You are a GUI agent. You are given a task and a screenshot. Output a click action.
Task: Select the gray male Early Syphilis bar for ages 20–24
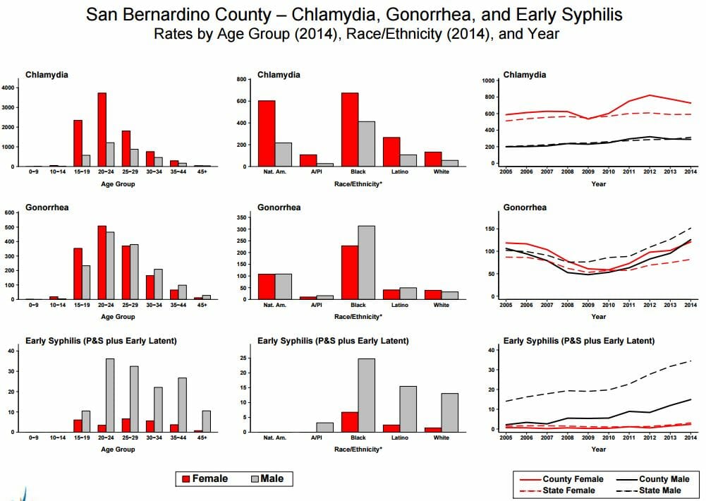[110, 395]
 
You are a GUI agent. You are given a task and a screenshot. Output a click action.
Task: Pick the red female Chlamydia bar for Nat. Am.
[267, 133]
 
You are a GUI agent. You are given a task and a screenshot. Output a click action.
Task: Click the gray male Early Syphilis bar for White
[449, 413]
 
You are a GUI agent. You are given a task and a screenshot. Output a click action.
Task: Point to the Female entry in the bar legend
[205, 478]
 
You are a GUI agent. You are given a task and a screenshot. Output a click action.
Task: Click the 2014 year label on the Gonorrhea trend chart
[690, 305]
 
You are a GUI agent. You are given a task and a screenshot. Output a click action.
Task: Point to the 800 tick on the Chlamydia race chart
[241, 79]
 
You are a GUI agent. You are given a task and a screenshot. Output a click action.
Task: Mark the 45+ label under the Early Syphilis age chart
[202, 437]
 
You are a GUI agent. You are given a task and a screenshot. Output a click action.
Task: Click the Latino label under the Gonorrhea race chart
[400, 305]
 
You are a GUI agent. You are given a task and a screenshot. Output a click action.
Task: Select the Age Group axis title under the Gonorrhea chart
[118, 317]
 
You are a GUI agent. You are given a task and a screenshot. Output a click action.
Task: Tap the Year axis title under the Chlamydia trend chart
[598, 184]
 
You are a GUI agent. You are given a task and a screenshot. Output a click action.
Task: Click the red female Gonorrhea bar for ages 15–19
[78, 274]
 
